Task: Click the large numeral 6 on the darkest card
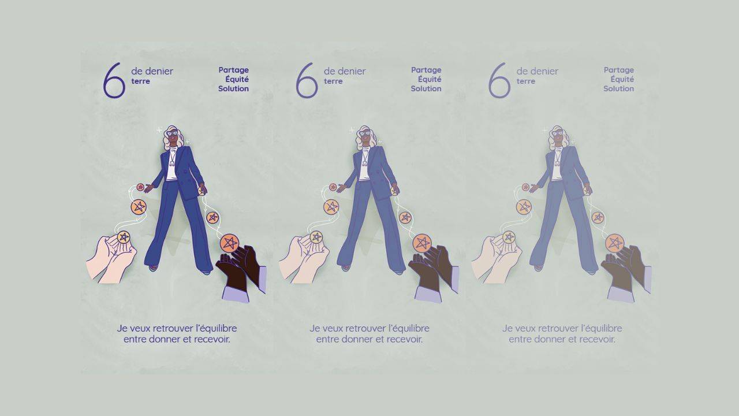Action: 114,80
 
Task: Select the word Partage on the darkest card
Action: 234,70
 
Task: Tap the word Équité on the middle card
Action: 430,79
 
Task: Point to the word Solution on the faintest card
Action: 618,88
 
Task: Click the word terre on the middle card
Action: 333,81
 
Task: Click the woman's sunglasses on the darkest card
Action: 172,133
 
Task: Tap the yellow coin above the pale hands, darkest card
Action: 124,237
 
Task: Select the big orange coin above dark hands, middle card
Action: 421,243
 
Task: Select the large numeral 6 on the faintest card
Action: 499,80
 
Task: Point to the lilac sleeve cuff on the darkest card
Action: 236,294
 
